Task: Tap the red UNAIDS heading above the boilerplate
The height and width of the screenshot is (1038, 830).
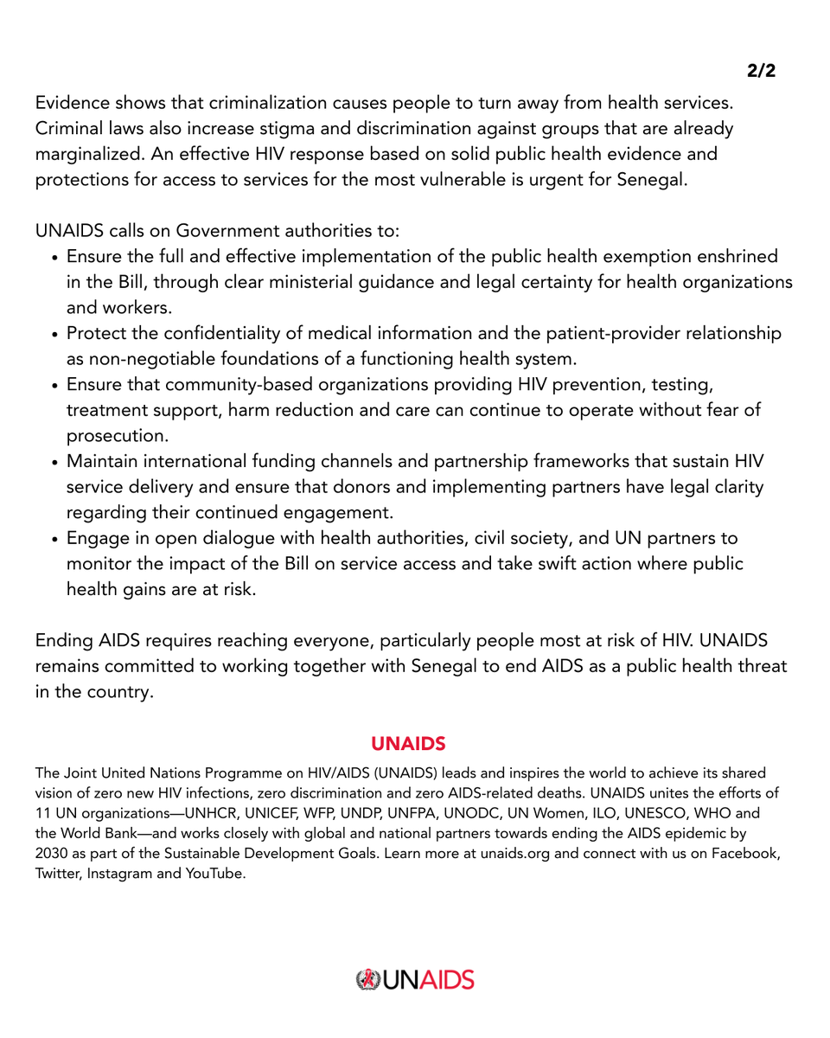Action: coord(408,743)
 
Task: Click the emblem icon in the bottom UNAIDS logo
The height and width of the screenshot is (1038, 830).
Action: coord(368,980)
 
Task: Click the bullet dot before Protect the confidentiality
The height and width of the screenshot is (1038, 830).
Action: coord(54,335)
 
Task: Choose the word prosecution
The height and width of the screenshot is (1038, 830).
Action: coord(118,435)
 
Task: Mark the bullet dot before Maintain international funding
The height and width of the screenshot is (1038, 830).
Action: coord(54,462)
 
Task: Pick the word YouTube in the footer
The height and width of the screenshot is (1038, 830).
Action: coord(214,873)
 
